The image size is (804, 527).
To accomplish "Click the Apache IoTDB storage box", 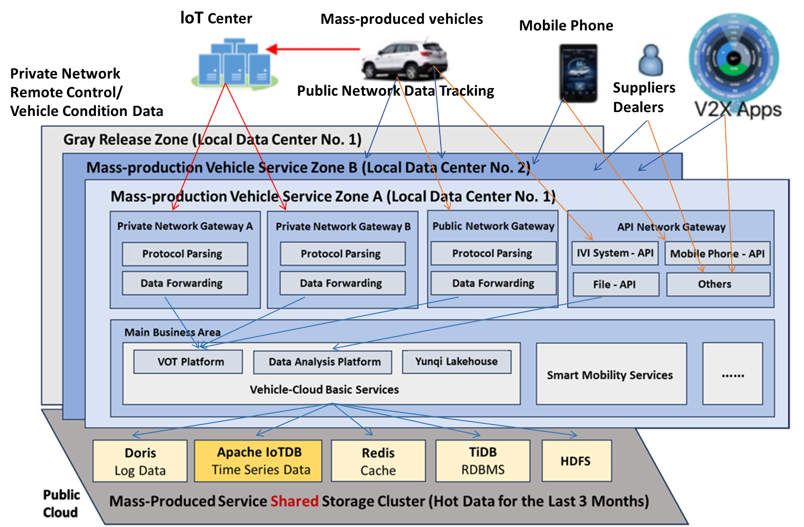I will (258, 461).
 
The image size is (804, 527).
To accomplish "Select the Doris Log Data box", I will (140, 461).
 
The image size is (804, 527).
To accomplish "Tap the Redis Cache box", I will (378, 461).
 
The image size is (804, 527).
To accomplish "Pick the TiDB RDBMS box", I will (483, 461).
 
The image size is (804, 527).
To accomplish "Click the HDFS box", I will (576, 461).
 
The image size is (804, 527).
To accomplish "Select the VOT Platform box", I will (188, 362).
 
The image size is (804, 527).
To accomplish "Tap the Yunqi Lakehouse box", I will (456, 362).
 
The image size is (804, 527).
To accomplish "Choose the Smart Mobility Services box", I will (611, 374).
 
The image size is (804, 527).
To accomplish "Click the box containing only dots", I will (732, 374).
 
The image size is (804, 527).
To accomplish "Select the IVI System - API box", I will (615, 253).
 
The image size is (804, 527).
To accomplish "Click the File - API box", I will (615, 284).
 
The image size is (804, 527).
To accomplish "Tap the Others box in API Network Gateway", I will (717, 284).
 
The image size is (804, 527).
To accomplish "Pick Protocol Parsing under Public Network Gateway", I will (493, 253).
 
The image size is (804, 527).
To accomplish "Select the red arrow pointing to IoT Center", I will (313, 49).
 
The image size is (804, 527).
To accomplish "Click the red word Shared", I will (294, 501).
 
